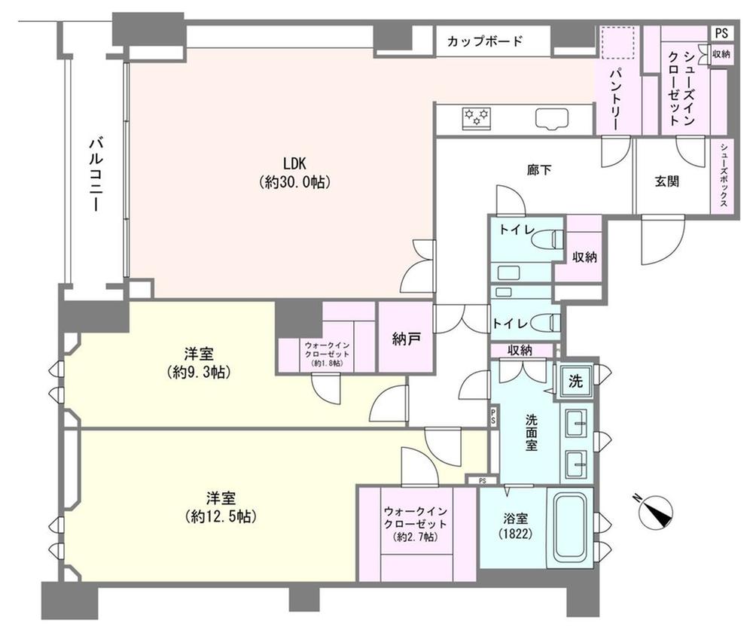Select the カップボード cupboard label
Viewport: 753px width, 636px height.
[x=483, y=41]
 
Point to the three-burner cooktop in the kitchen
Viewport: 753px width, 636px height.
[x=477, y=117]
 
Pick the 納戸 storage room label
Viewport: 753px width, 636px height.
[x=405, y=339]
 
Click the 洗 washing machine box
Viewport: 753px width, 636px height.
[x=575, y=381]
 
